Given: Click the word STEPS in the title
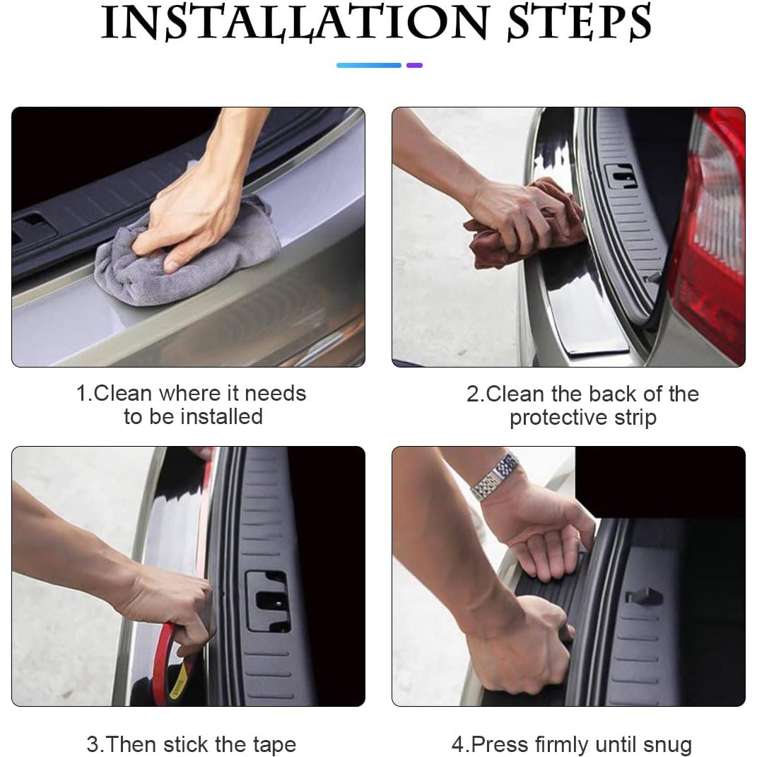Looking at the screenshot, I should click(578, 23).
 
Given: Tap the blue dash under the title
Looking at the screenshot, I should click(368, 65).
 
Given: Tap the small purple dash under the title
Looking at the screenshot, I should click(415, 65).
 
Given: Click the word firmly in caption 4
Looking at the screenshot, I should click(562, 744).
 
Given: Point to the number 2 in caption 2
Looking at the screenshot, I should click(472, 394).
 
